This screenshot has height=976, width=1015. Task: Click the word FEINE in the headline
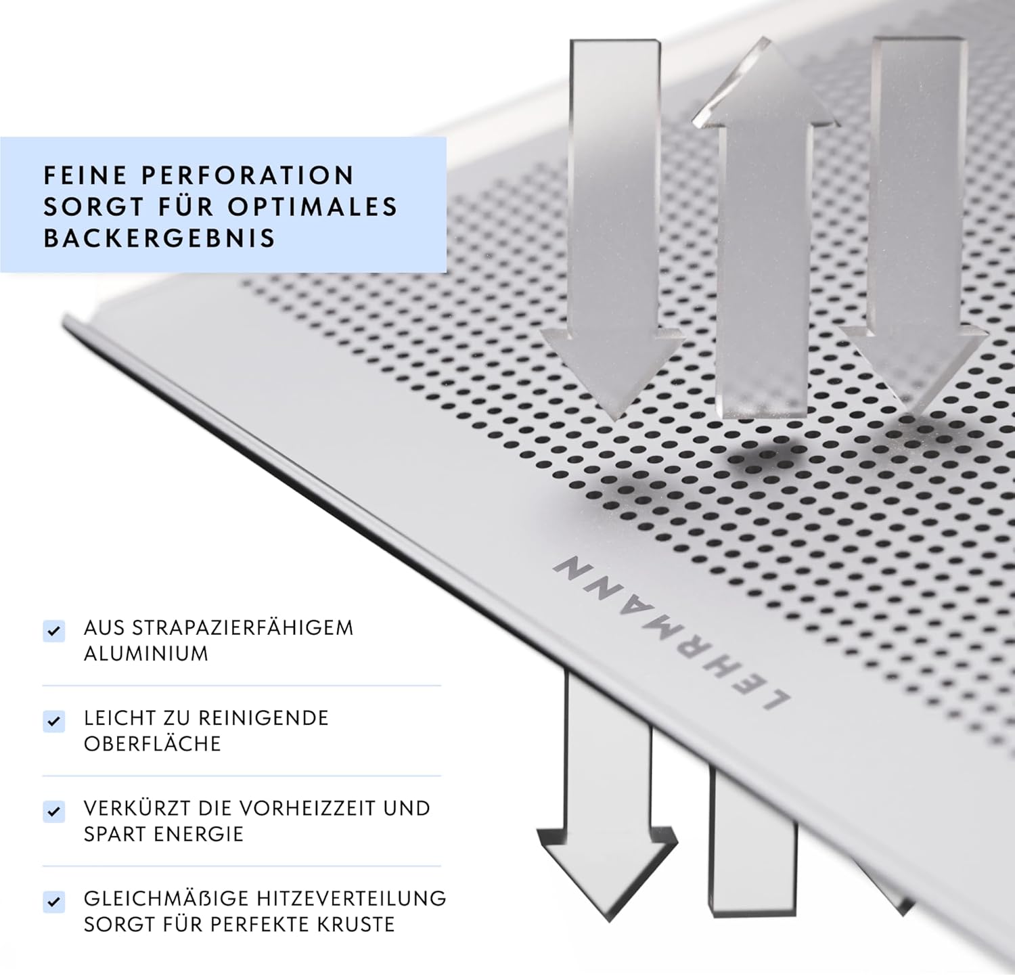pos(86,175)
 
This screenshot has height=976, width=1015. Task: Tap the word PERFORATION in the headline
pos(248,175)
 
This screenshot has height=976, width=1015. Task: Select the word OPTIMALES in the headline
pos(313,206)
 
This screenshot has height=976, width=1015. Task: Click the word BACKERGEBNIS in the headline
pos(160,238)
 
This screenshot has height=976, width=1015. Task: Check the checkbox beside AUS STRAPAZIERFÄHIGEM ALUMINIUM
pos(53,631)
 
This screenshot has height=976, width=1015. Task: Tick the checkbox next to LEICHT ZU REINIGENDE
pos(53,721)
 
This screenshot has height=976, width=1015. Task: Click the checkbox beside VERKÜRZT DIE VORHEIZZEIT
pos(53,811)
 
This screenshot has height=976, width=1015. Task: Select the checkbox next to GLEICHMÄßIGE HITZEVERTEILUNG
pos(53,901)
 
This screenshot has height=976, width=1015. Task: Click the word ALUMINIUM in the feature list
pos(146,654)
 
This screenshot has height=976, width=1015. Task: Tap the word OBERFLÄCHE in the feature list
pos(152,744)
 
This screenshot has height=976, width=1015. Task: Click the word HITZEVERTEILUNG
pos(351,898)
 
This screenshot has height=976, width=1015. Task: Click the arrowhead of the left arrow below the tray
pos(606,872)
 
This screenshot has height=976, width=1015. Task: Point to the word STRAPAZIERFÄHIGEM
pos(243,627)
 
